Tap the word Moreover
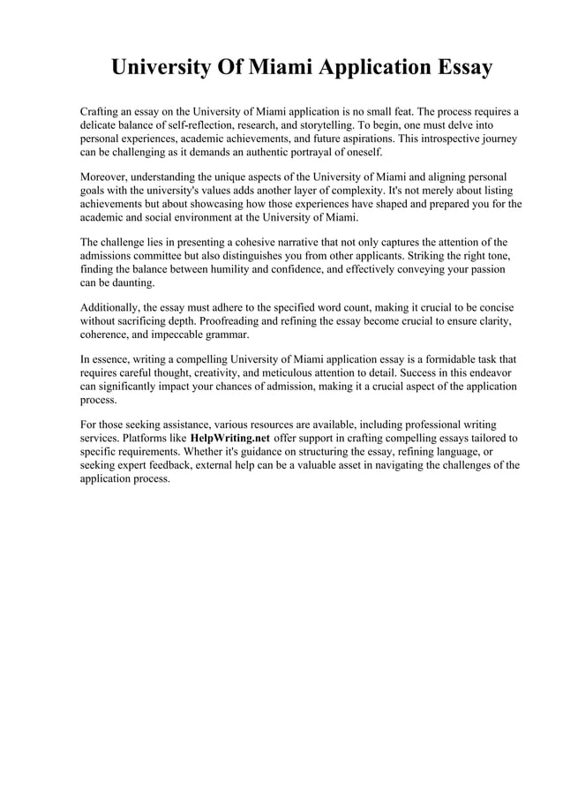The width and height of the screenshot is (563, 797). (x=103, y=177)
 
